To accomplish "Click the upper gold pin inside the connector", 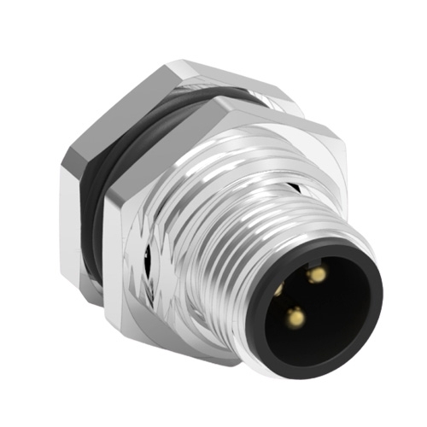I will pos(317,274).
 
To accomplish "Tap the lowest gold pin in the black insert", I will pos(296,318).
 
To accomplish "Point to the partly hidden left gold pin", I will pos(278,290).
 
